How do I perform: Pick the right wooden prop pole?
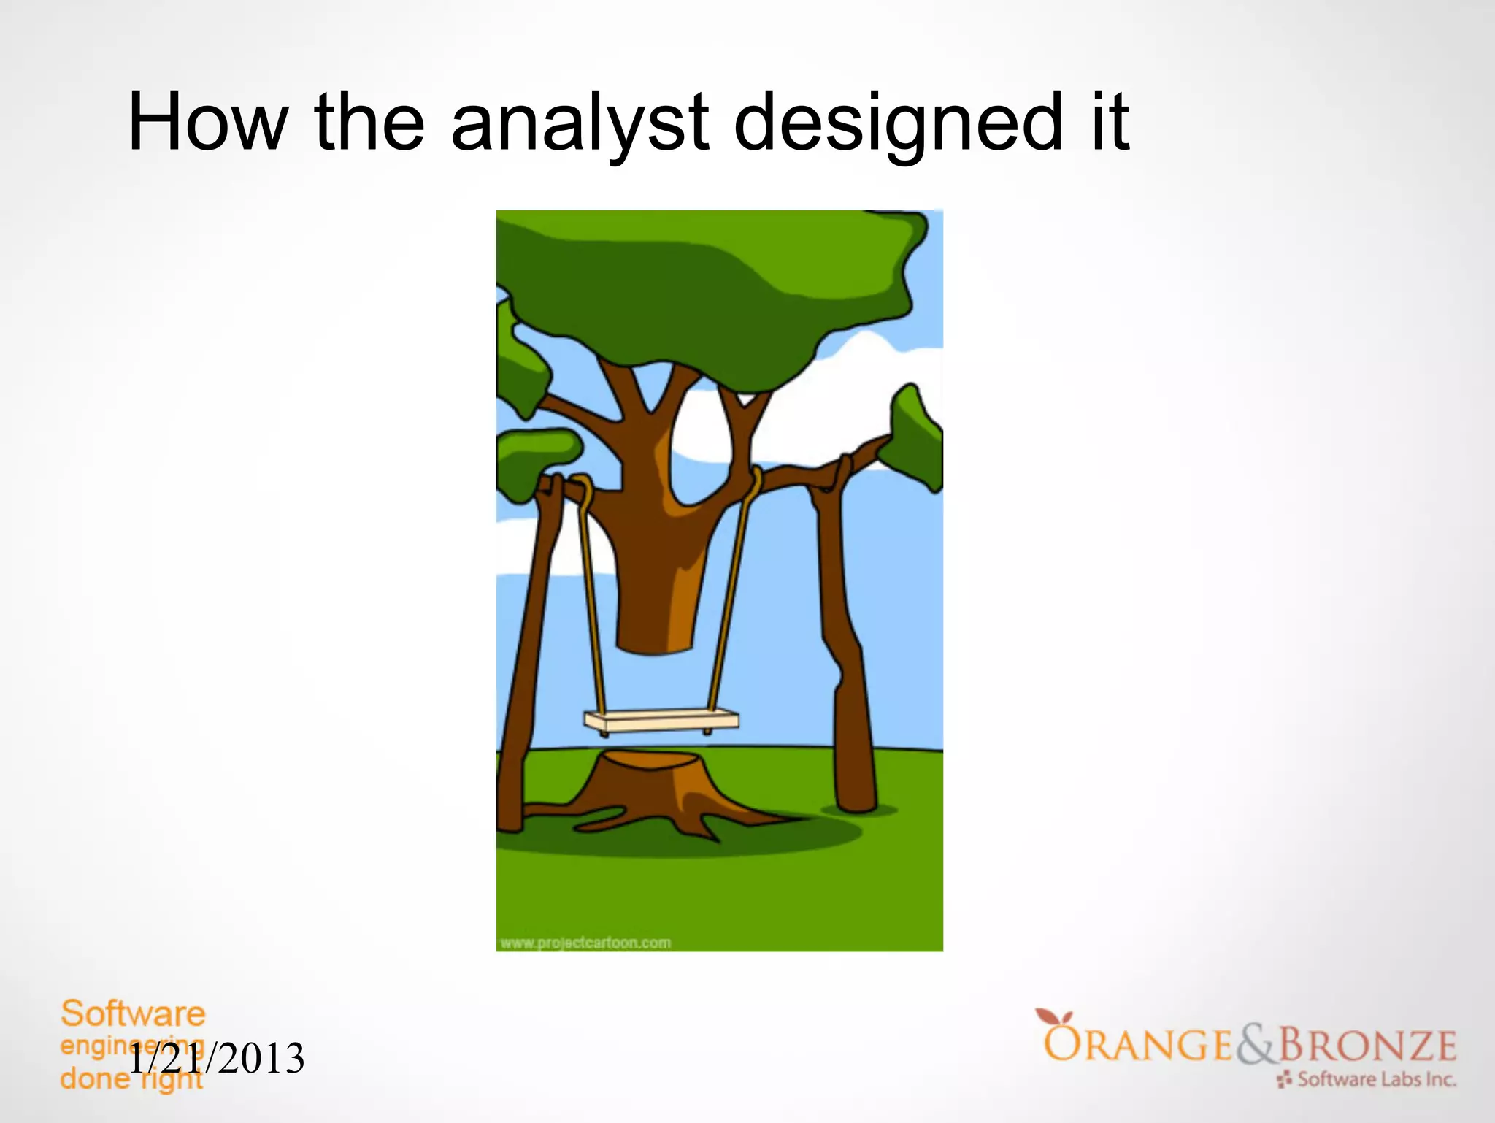coord(847,657)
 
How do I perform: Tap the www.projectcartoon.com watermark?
coord(585,943)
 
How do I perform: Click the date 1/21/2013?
coord(217,1059)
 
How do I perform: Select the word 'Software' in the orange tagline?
coord(133,1014)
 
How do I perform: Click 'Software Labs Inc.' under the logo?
coord(1376,1079)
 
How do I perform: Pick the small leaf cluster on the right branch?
coord(912,438)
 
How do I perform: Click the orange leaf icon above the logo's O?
coord(1053,1017)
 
